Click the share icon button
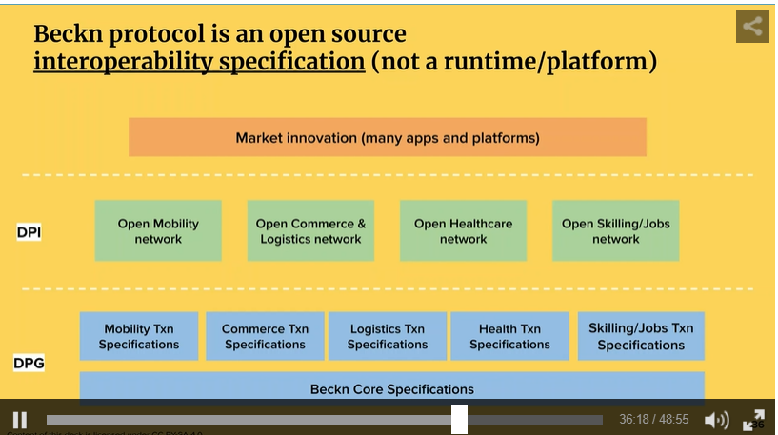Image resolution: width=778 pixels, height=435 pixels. pyautogui.click(x=752, y=27)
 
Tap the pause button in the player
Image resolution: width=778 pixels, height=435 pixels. pyautogui.click(x=20, y=420)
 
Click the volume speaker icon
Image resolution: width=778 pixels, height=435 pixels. pyautogui.click(x=715, y=420)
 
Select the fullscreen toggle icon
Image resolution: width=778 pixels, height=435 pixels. pyautogui.click(x=753, y=420)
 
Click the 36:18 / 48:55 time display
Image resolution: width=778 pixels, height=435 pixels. pyautogui.click(x=653, y=420)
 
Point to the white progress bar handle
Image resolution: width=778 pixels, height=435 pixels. pyautogui.click(x=459, y=420)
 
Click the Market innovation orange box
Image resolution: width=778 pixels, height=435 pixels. pyautogui.click(x=388, y=137)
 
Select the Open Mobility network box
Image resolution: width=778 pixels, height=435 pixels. pyautogui.click(x=158, y=230)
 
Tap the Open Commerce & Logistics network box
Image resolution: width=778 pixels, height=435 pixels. pyautogui.click(x=310, y=230)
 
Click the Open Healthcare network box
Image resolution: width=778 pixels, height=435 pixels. pyautogui.click(x=463, y=230)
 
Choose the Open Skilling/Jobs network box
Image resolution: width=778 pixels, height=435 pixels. pyautogui.click(x=615, y=230)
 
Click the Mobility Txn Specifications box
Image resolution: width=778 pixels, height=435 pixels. pyautogui.click(x=139, y=336)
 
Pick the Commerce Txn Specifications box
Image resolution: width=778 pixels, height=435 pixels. pyautogui.click(x=265, y=336)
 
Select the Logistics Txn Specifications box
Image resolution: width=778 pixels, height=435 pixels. pyautogui.click(x=388, y=336)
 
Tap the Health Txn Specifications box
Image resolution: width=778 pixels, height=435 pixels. pyautogui.click(x=509, y=336)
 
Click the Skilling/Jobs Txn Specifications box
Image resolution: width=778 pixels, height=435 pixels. pyautogui.click(x=641, y=336)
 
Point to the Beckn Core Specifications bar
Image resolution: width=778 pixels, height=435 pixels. pyautogui.click(x=391, y=388)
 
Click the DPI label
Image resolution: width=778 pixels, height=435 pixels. pyautogui.click(x=29, y=231)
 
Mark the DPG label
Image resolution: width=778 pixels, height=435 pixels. pyautogui.click(x=29, y=363)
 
